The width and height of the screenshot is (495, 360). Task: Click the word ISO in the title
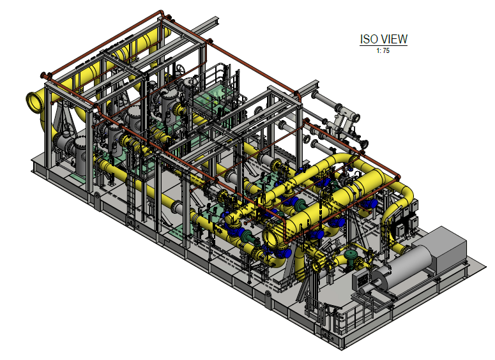click(368, 39)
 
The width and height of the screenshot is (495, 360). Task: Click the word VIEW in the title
click(393, 39)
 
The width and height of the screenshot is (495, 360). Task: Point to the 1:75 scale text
click(383, 50)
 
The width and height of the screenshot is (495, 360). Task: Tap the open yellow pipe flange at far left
click(34, 102)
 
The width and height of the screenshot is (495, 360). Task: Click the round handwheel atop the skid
click(180, 70)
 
